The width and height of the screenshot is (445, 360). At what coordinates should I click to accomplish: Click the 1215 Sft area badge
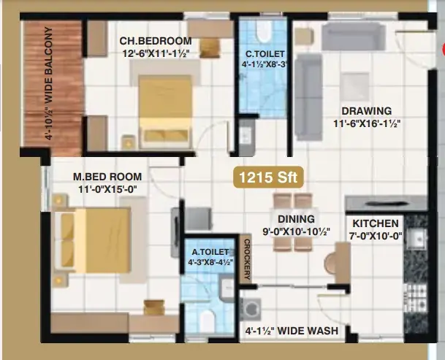[x=268, y=177]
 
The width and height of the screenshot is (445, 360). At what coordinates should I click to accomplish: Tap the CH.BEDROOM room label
[x=156, y=41]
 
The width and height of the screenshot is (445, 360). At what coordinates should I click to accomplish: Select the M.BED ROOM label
[x=107, y=177]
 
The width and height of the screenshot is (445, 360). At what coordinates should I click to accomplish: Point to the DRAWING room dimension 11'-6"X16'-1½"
[x=367, y=123]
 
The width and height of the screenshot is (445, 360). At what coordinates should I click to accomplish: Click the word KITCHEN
[x=376, y=223]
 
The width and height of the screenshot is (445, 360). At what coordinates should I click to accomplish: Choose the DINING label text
[x=296, y=219]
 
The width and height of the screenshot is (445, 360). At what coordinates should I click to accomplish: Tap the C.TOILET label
[x=265, y=53]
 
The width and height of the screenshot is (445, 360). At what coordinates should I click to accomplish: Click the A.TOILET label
[x=210, y=252]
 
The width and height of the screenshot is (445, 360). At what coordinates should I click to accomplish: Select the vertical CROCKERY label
[x=247, y=259]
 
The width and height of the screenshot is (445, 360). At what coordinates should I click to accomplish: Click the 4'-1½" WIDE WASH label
[x=292, y=331]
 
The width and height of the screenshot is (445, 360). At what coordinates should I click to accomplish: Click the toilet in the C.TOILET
[x=264, y=31]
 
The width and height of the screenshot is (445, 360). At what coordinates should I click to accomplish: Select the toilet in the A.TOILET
[x=207, y=322]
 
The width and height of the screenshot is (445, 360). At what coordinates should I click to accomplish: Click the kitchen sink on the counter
[x=416, y=238]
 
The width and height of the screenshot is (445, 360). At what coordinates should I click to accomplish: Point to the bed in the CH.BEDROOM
[x=164, y=112]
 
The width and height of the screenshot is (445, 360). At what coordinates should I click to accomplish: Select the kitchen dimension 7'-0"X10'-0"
[x=376, y=235]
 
